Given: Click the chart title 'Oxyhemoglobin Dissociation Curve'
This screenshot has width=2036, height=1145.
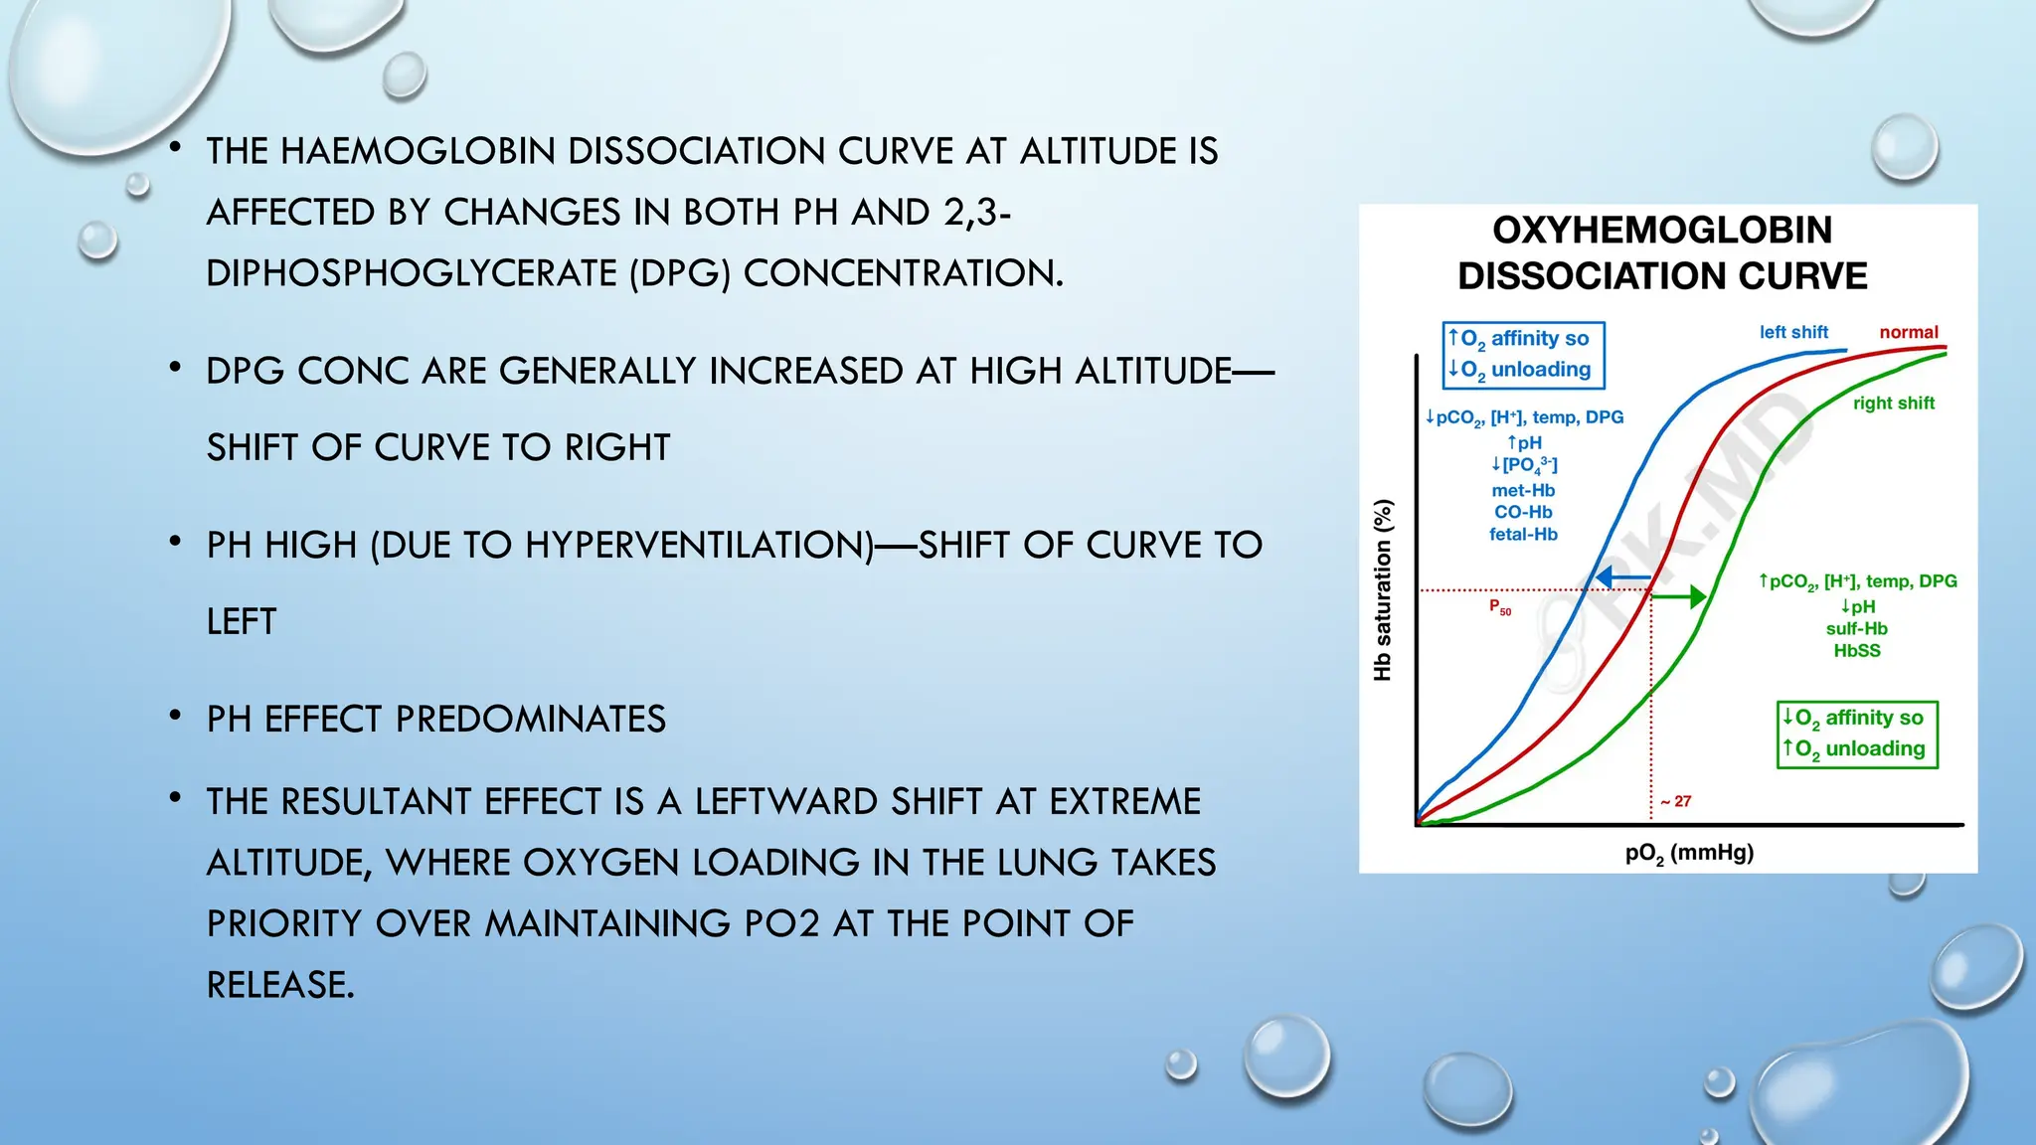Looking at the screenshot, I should tap(1662, 252).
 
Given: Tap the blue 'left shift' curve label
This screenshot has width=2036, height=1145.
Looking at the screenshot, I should tap(1793, 332).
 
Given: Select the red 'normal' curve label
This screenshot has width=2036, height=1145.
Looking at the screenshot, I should tap(1909, 332).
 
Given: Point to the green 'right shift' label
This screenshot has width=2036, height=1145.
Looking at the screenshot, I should tap(1893, 403).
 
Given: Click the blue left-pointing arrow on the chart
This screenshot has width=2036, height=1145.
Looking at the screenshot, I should tap(1621, 577).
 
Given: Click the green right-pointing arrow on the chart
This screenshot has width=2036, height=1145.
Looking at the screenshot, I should tap(1681, 596).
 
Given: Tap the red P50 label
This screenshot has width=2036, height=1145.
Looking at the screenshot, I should tap(1499, 607).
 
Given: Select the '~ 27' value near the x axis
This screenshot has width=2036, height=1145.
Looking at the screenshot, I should tap(1675, 801).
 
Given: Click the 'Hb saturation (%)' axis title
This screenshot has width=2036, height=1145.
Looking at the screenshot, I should tap(1382, 589).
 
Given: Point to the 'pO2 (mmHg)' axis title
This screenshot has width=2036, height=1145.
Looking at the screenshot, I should tap(1689, 853).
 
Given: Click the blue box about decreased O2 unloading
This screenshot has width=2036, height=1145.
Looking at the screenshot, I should tap(1523, 354).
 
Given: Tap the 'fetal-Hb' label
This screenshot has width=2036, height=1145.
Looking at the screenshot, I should tap(1523, 534).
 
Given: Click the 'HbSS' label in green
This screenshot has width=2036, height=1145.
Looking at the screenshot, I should tap(1857, 651).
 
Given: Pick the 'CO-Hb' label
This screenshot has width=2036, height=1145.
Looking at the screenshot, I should tap(1523, 512).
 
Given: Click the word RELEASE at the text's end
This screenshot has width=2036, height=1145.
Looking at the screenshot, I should tap(279, 985).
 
